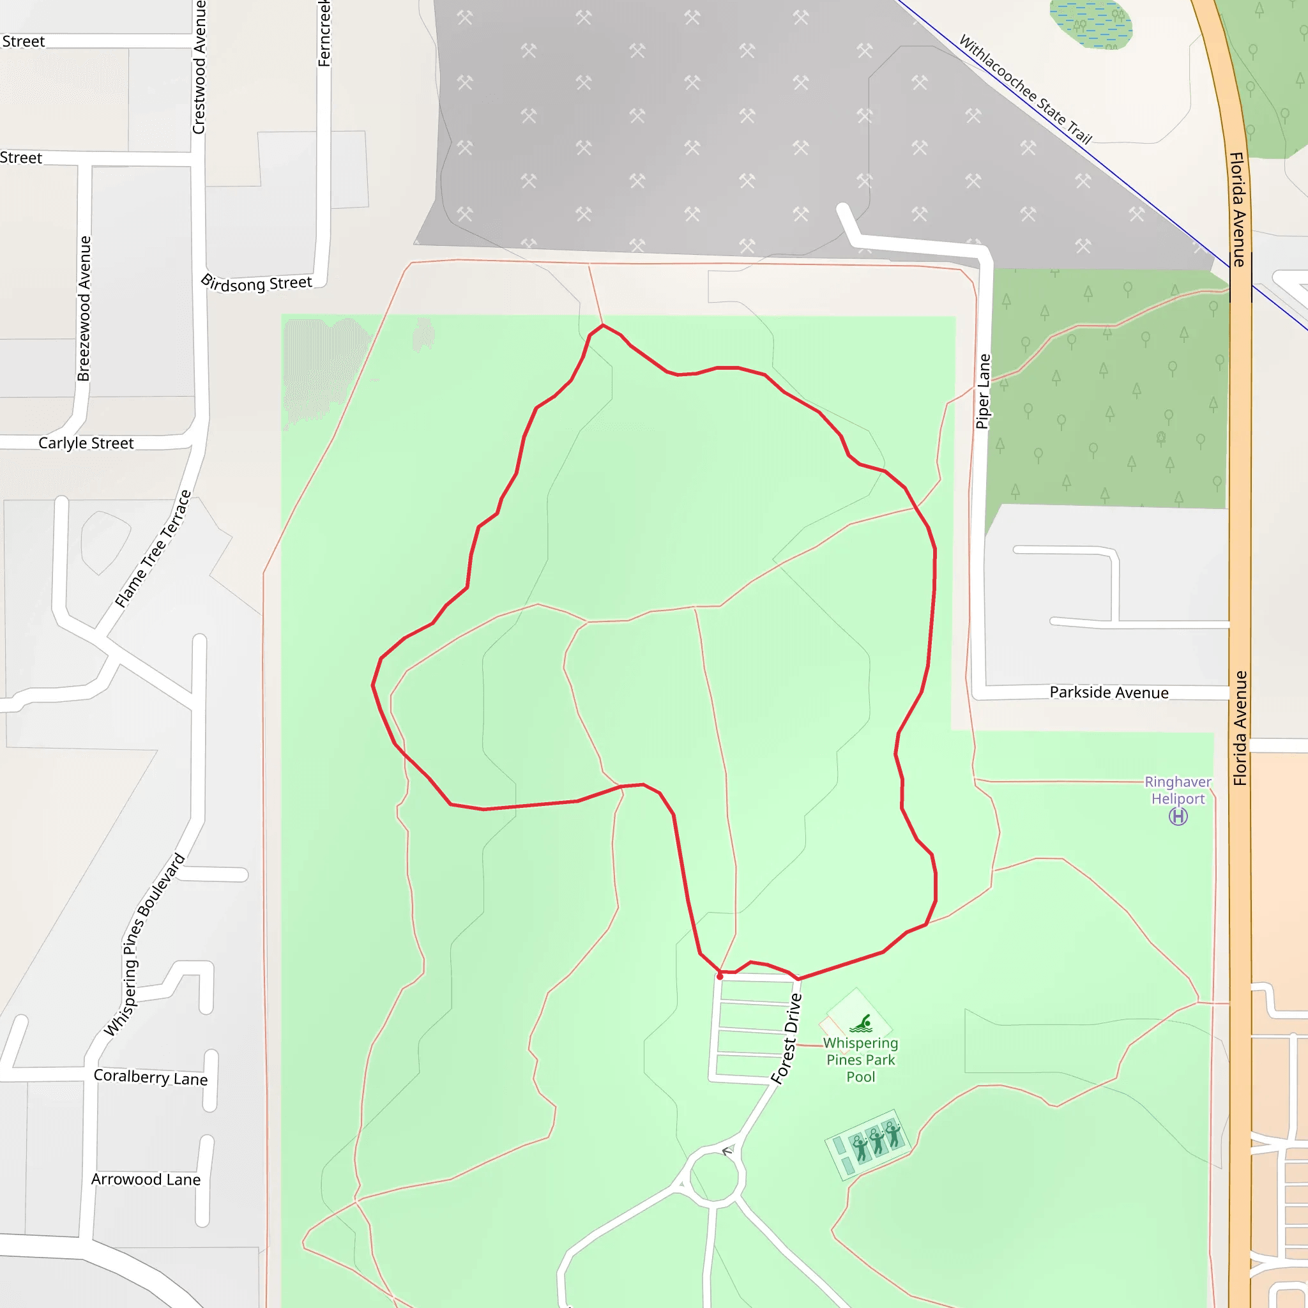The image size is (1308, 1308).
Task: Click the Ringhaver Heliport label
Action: coord(1177,790)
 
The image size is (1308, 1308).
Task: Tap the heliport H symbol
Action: coord(1178,817)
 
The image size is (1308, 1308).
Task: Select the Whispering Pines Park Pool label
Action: coord(860,1060)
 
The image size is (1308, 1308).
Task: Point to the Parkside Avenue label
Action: coord(1109,692)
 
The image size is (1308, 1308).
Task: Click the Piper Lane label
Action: coord(983,392)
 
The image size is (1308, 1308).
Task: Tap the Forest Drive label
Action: coord(787,1039)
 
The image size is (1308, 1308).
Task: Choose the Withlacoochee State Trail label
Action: coord(1026,90)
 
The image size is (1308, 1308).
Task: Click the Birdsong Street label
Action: coord(257,283)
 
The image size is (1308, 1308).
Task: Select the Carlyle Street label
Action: coord(86,443)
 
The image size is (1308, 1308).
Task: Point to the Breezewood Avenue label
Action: coord(84,308)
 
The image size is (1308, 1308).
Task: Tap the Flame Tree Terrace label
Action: coord(153,549)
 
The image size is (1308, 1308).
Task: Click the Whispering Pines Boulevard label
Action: coord(144,945)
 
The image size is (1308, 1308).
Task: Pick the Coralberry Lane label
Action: coord(150,1077)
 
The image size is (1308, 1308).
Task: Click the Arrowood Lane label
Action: coord(146,1180)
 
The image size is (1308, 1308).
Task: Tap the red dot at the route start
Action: coord(720,977)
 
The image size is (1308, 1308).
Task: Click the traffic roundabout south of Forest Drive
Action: coord(713,1178)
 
